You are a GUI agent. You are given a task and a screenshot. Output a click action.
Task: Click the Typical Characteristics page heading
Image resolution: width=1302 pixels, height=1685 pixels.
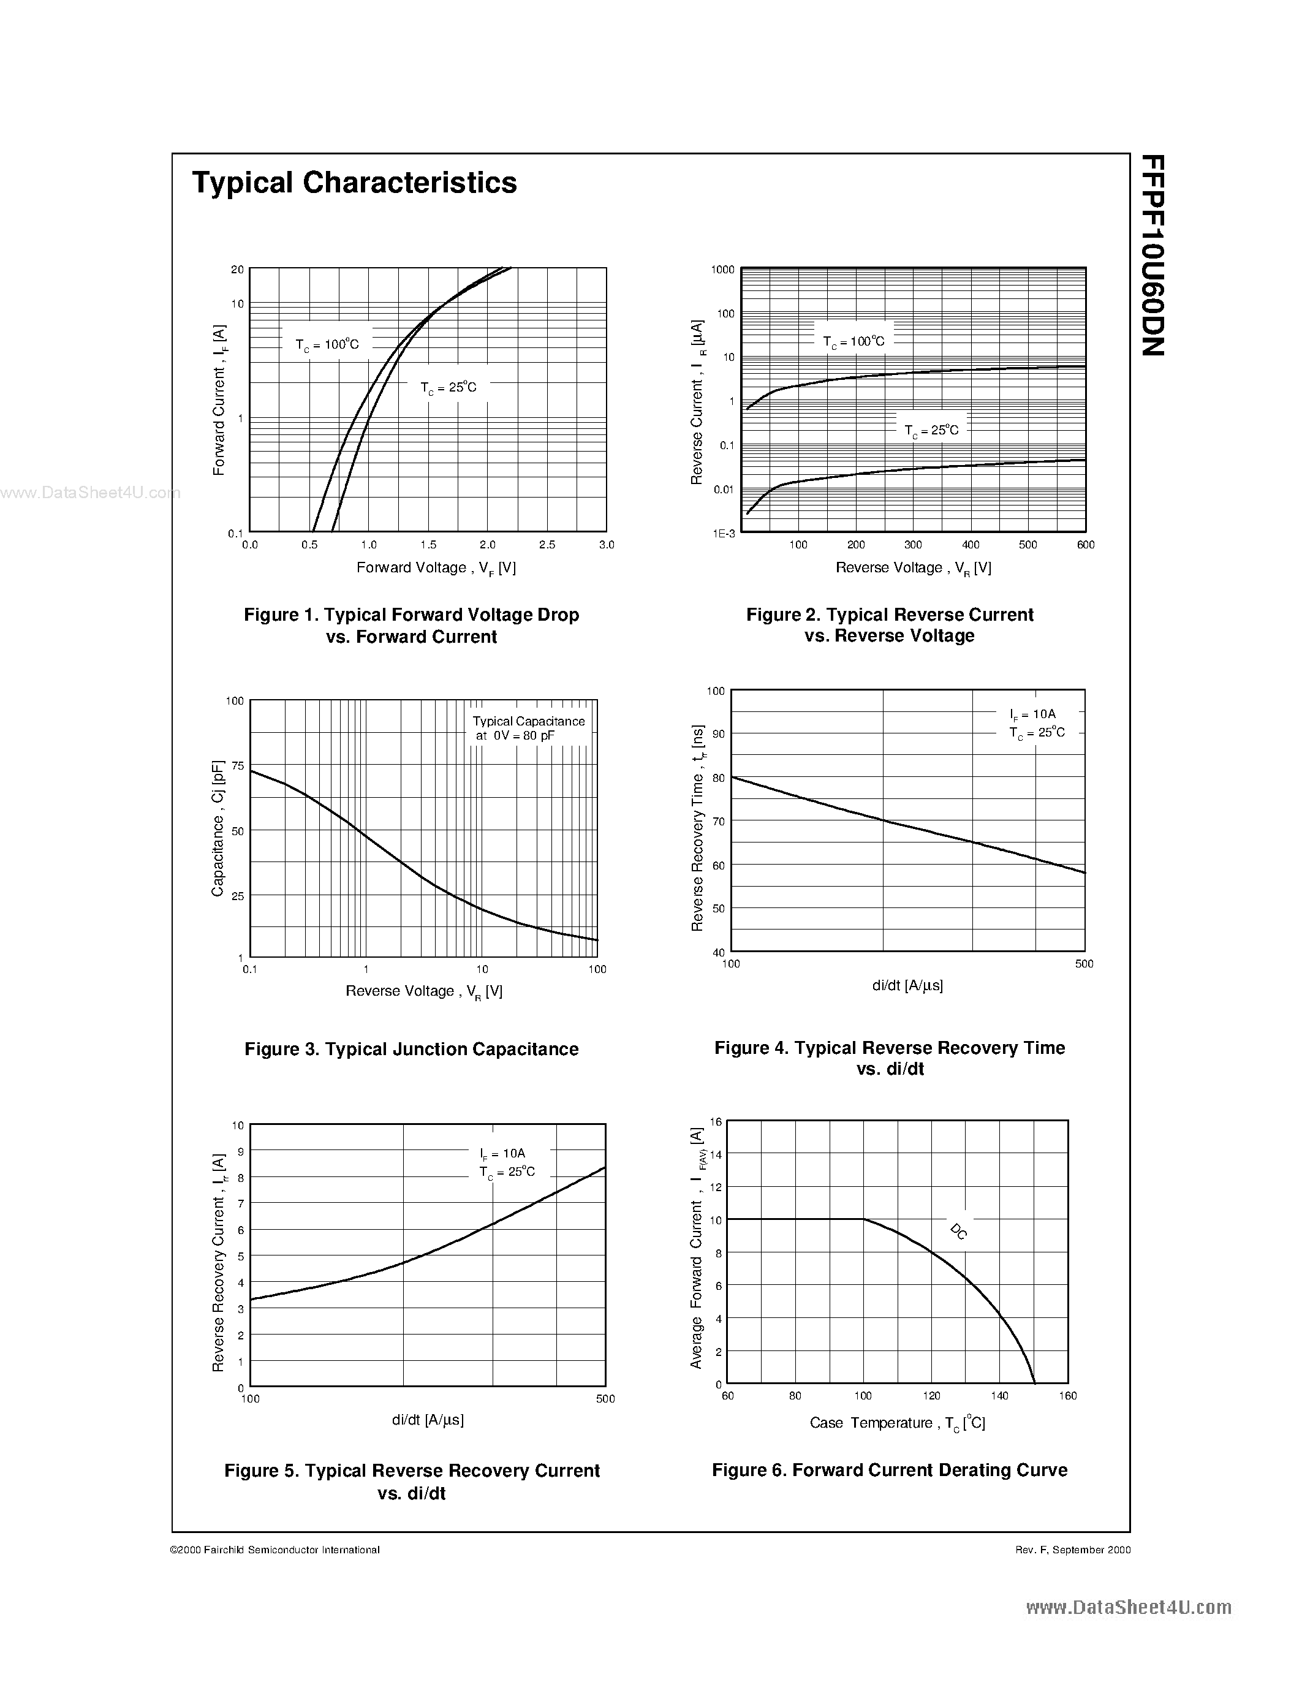(x=354, y=183)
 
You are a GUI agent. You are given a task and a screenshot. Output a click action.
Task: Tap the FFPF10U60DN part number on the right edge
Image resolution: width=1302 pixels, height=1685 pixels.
(x=1152, y=256)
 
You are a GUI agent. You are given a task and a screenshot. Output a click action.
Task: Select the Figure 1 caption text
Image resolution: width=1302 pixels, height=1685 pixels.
(x=411, y=625)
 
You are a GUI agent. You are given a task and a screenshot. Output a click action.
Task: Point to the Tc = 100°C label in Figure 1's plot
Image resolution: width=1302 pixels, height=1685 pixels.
(x=327, y=344)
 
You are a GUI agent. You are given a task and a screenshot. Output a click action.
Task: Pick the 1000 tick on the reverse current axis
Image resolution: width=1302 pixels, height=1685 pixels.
(x=723, y=269)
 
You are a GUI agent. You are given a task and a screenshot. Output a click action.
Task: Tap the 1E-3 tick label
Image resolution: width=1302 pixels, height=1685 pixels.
(x=724, y=533)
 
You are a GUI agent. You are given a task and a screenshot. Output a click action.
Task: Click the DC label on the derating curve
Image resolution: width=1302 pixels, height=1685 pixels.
(x=959, y=1232)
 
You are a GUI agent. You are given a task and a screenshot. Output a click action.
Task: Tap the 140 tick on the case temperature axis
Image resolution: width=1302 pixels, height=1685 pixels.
(x=1000, y=1395)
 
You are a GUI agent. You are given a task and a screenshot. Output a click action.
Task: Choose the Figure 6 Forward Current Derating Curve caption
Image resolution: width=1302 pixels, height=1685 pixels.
(x=889, y=1470)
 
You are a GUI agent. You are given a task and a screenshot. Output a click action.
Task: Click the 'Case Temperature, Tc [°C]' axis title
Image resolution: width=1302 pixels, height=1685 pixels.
(x=897, y=1423)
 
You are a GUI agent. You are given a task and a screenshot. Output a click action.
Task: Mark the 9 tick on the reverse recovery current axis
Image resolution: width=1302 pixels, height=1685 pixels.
(x=240, y=1151)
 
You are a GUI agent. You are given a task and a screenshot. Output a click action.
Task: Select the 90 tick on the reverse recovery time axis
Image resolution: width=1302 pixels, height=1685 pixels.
(x=718, y=733)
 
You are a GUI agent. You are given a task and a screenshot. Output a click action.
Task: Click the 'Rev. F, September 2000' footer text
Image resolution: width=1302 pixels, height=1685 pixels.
(x=1073, y=1549)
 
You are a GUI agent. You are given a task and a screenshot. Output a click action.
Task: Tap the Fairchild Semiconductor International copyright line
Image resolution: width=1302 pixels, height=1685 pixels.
(x=274, y=1549)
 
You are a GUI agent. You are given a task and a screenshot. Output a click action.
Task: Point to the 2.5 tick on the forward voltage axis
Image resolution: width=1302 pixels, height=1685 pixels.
(x=547, y=545)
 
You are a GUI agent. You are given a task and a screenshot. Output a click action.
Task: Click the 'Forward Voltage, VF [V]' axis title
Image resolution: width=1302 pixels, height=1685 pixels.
(x=436, y=568)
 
